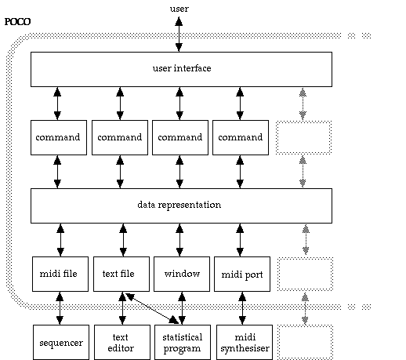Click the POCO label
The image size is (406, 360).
point(17,21)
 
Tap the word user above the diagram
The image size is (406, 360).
point(179,9)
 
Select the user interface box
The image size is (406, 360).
point(181,69)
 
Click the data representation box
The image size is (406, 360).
point(181,205)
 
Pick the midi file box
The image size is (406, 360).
point(60,274)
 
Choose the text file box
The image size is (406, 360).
point(121,274)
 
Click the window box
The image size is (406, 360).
point(182,274)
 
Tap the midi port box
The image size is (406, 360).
point(242,274)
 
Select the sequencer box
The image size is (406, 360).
point(61,342)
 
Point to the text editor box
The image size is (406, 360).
point(122,342)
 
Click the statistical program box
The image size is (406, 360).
point(183,342)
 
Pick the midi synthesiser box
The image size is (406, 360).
point(245,342)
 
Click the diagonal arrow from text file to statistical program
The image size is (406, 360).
point(152,308)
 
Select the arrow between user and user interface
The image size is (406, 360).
point(179,35)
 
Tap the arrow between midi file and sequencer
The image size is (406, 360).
point(60,308)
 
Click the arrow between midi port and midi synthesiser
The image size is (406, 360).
point(242,308)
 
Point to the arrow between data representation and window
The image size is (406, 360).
point(179,240)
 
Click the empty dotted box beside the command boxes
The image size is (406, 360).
point(304,137)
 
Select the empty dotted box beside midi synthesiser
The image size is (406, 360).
point(305,342)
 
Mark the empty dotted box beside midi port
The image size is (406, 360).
point(305,274)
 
